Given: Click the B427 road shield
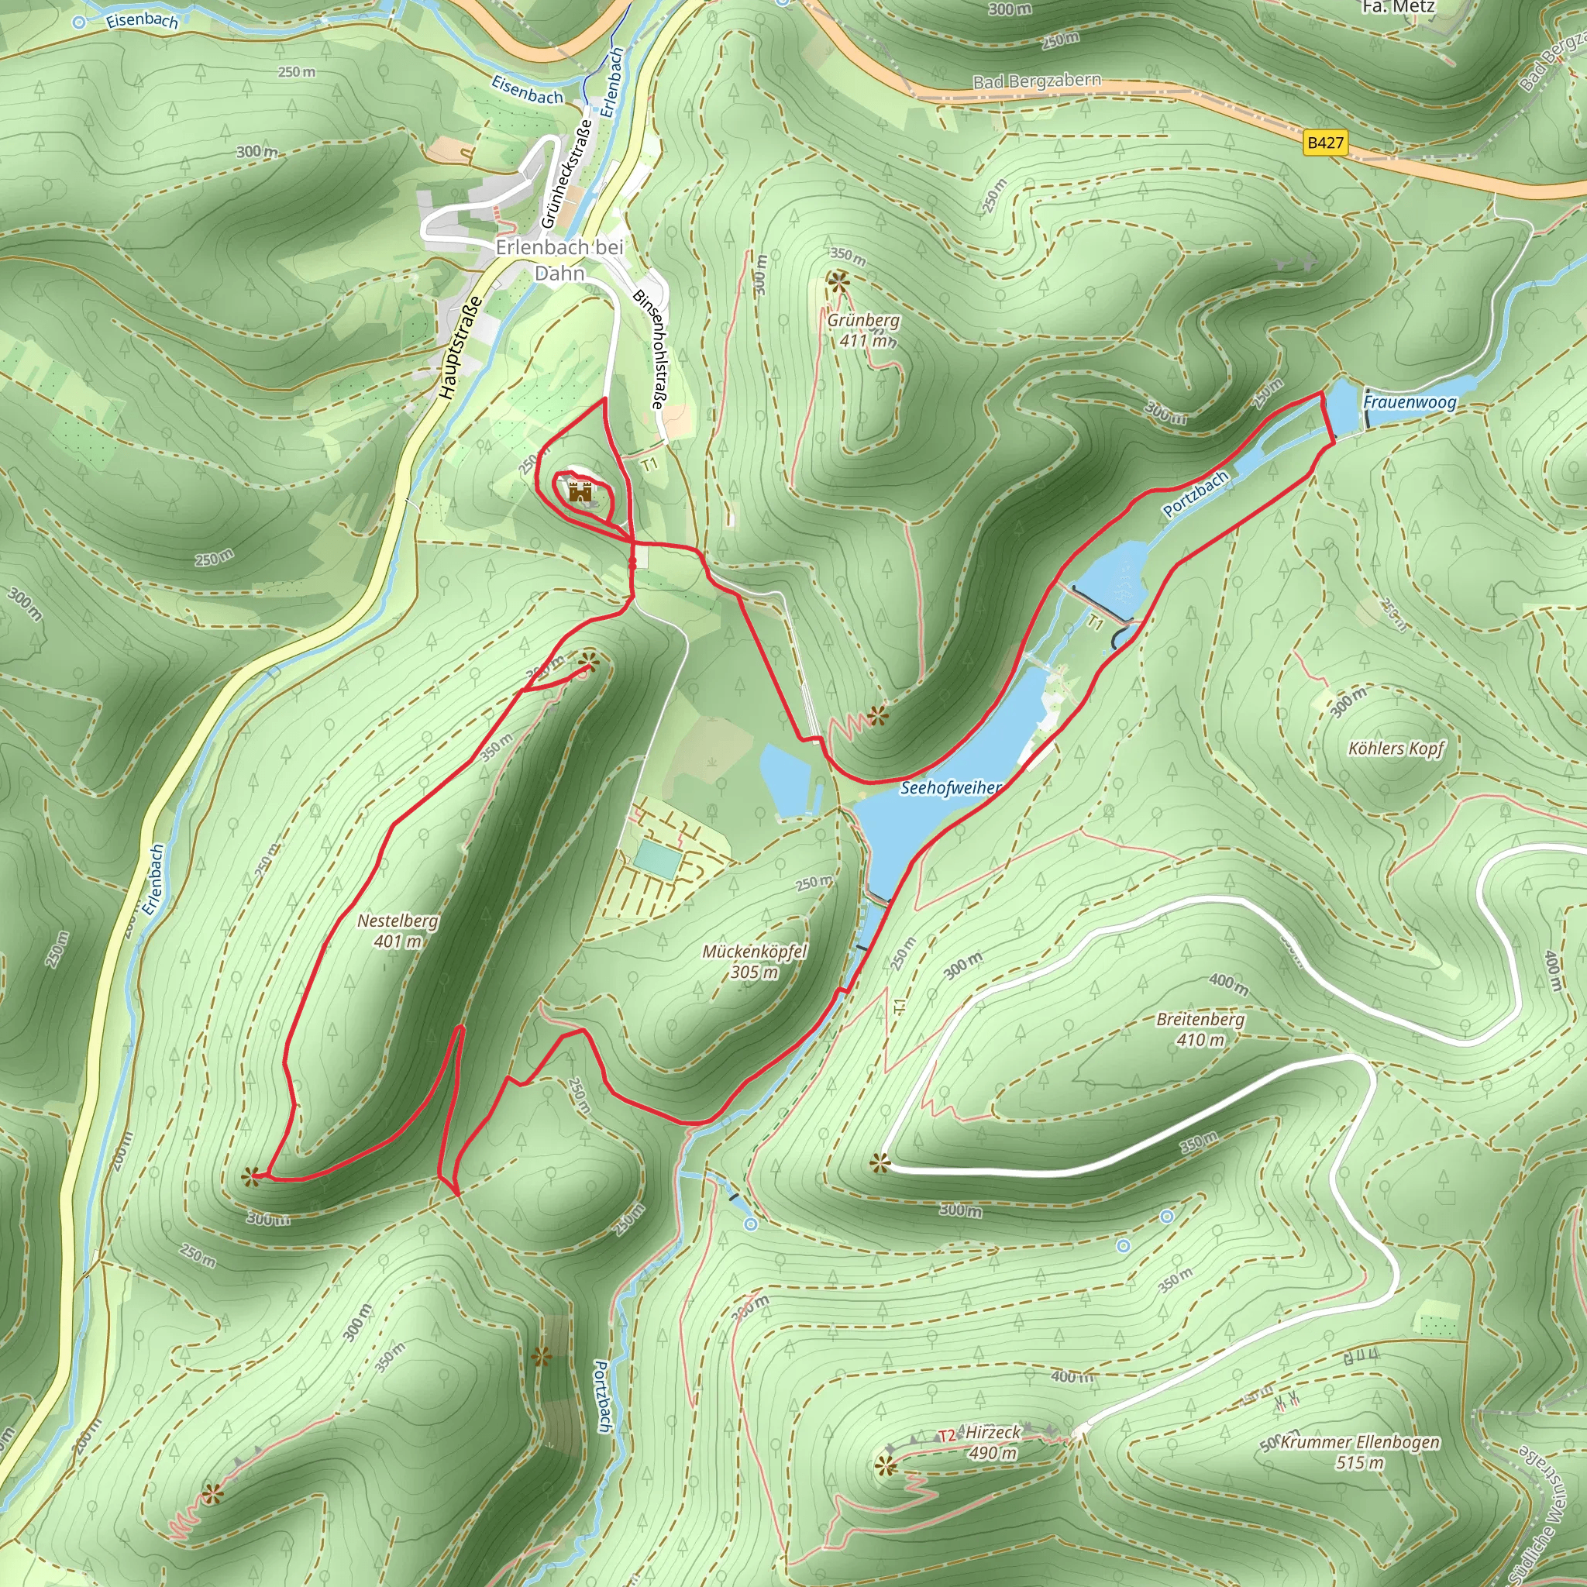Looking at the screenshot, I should coord(1325,143).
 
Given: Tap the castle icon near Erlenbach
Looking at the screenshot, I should coord(580,492).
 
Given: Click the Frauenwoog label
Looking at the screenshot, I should coord(1410,401).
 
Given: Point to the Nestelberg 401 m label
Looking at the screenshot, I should coord(398,931).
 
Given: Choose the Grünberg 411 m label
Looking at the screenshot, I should coord(863,329).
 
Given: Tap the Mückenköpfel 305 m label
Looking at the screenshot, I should coord(754,961).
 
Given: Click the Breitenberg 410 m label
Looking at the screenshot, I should coord(1200,1029).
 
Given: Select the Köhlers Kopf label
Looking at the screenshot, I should coord(1396,749).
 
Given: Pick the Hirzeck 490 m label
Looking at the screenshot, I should coord(993,1442).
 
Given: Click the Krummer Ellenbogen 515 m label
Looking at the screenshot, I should coord(1358,1452).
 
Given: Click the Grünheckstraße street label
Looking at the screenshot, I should coord(566,174).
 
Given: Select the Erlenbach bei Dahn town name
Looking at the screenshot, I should coord(559,260).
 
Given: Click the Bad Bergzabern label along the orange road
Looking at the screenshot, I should coord(1037,81).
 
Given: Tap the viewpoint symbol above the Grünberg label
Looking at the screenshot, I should coord(838,284).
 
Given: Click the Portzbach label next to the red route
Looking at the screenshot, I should coord(1195,494).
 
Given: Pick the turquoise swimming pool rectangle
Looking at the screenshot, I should coord(657,859).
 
